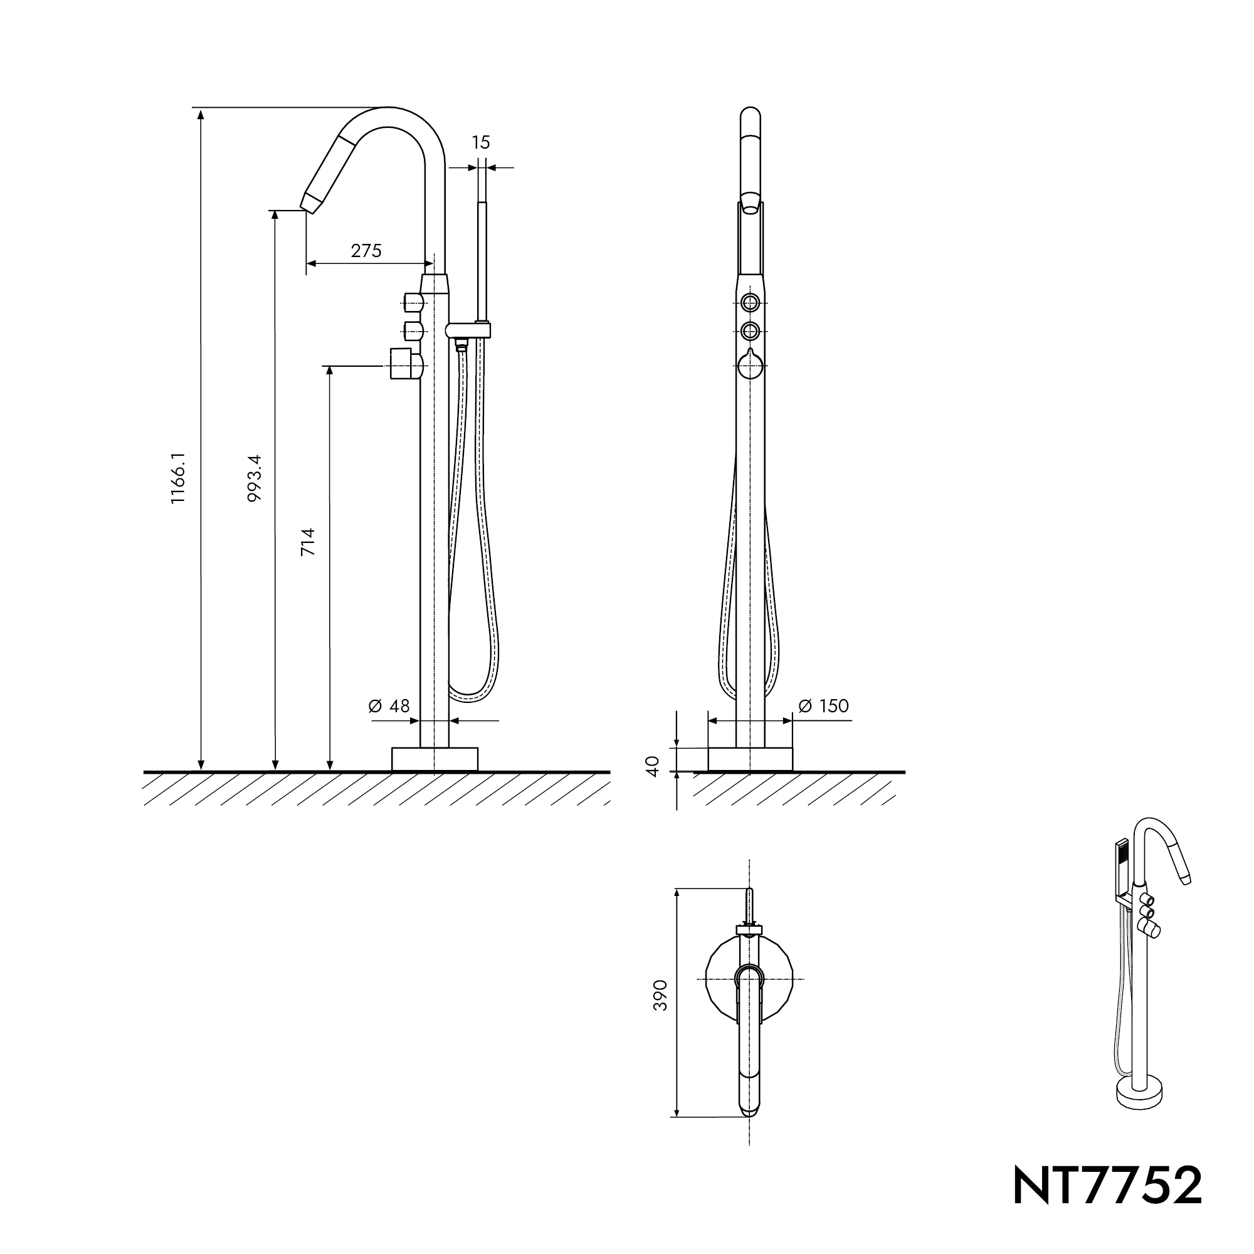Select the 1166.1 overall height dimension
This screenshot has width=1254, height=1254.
pos(179,478)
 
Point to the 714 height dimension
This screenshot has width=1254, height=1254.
pos(308,542)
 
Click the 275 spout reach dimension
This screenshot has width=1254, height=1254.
pos(366,251)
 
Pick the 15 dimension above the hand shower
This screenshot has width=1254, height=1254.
pos(480,143)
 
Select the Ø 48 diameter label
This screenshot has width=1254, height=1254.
pos(389,705)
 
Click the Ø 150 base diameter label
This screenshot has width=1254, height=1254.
pos(824,705)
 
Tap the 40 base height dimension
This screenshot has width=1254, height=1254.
pos(653,766)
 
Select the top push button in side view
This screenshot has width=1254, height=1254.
pos(413,302)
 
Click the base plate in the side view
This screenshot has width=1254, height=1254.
pos(435,759)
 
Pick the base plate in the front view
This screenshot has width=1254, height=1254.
pos(751,759)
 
